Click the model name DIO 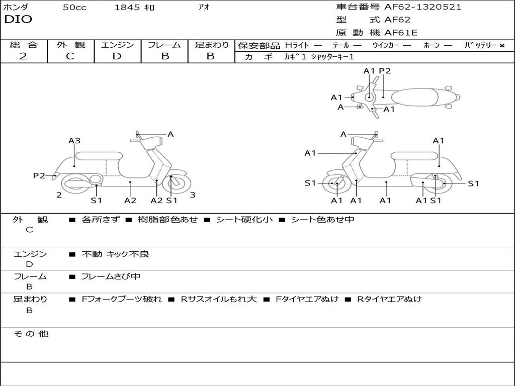click(18, 20)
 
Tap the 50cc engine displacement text click(74, 8)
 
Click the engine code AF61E click(401, 33)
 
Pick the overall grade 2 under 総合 click(23, 56)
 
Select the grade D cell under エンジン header click(117, 56)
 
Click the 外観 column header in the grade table click(70, 45)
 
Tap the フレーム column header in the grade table click(164, 45)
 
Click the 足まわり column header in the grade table click(211, 45)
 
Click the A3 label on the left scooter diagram click(74, 141)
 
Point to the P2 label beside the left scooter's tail click(39, 175)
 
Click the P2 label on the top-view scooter click(385, 71)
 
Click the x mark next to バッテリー click(502, 46)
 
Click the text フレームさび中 click(111, 276)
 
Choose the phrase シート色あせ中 click(322, 220)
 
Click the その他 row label click(31, 334)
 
